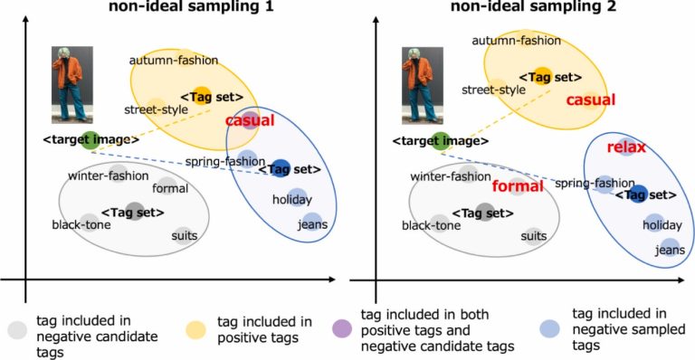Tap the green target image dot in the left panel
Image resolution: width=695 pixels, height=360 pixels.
coord(90,139)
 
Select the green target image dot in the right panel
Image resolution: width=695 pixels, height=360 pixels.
coord(440,139)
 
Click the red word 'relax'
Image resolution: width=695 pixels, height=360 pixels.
coord(624,147)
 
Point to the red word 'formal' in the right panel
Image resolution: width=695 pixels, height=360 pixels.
coord(519,186)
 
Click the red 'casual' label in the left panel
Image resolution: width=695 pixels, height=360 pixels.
coord(249,120)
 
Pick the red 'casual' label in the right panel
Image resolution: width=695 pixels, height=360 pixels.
coord(590,99)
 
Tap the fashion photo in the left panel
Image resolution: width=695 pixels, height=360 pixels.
coord(71,84)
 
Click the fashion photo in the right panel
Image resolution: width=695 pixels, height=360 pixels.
coord(422,84)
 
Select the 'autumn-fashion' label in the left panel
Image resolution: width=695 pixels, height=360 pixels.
coord(174,62)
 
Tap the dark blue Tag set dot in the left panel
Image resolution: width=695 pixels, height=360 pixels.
coord(281,167)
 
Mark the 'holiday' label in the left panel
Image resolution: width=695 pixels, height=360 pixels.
coord(291,200)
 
